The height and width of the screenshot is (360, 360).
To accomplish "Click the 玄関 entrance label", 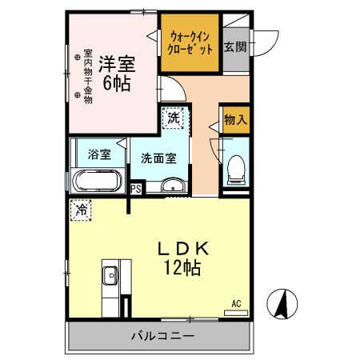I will click(235, 46).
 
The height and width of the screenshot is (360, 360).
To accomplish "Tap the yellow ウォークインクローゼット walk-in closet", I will click(190, 42).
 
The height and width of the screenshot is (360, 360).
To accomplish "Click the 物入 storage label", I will click(234, 120).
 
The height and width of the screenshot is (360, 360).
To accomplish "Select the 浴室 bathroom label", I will click(100, 154).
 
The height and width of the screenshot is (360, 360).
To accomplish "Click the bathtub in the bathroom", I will click(98, 180).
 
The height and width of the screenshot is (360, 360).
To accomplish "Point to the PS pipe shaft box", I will click(136, 189).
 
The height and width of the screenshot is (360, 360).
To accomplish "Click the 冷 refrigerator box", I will click(82, 210).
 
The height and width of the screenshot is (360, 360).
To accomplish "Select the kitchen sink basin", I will click(110, 278).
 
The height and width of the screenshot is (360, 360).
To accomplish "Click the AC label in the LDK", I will click(236, 303).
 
